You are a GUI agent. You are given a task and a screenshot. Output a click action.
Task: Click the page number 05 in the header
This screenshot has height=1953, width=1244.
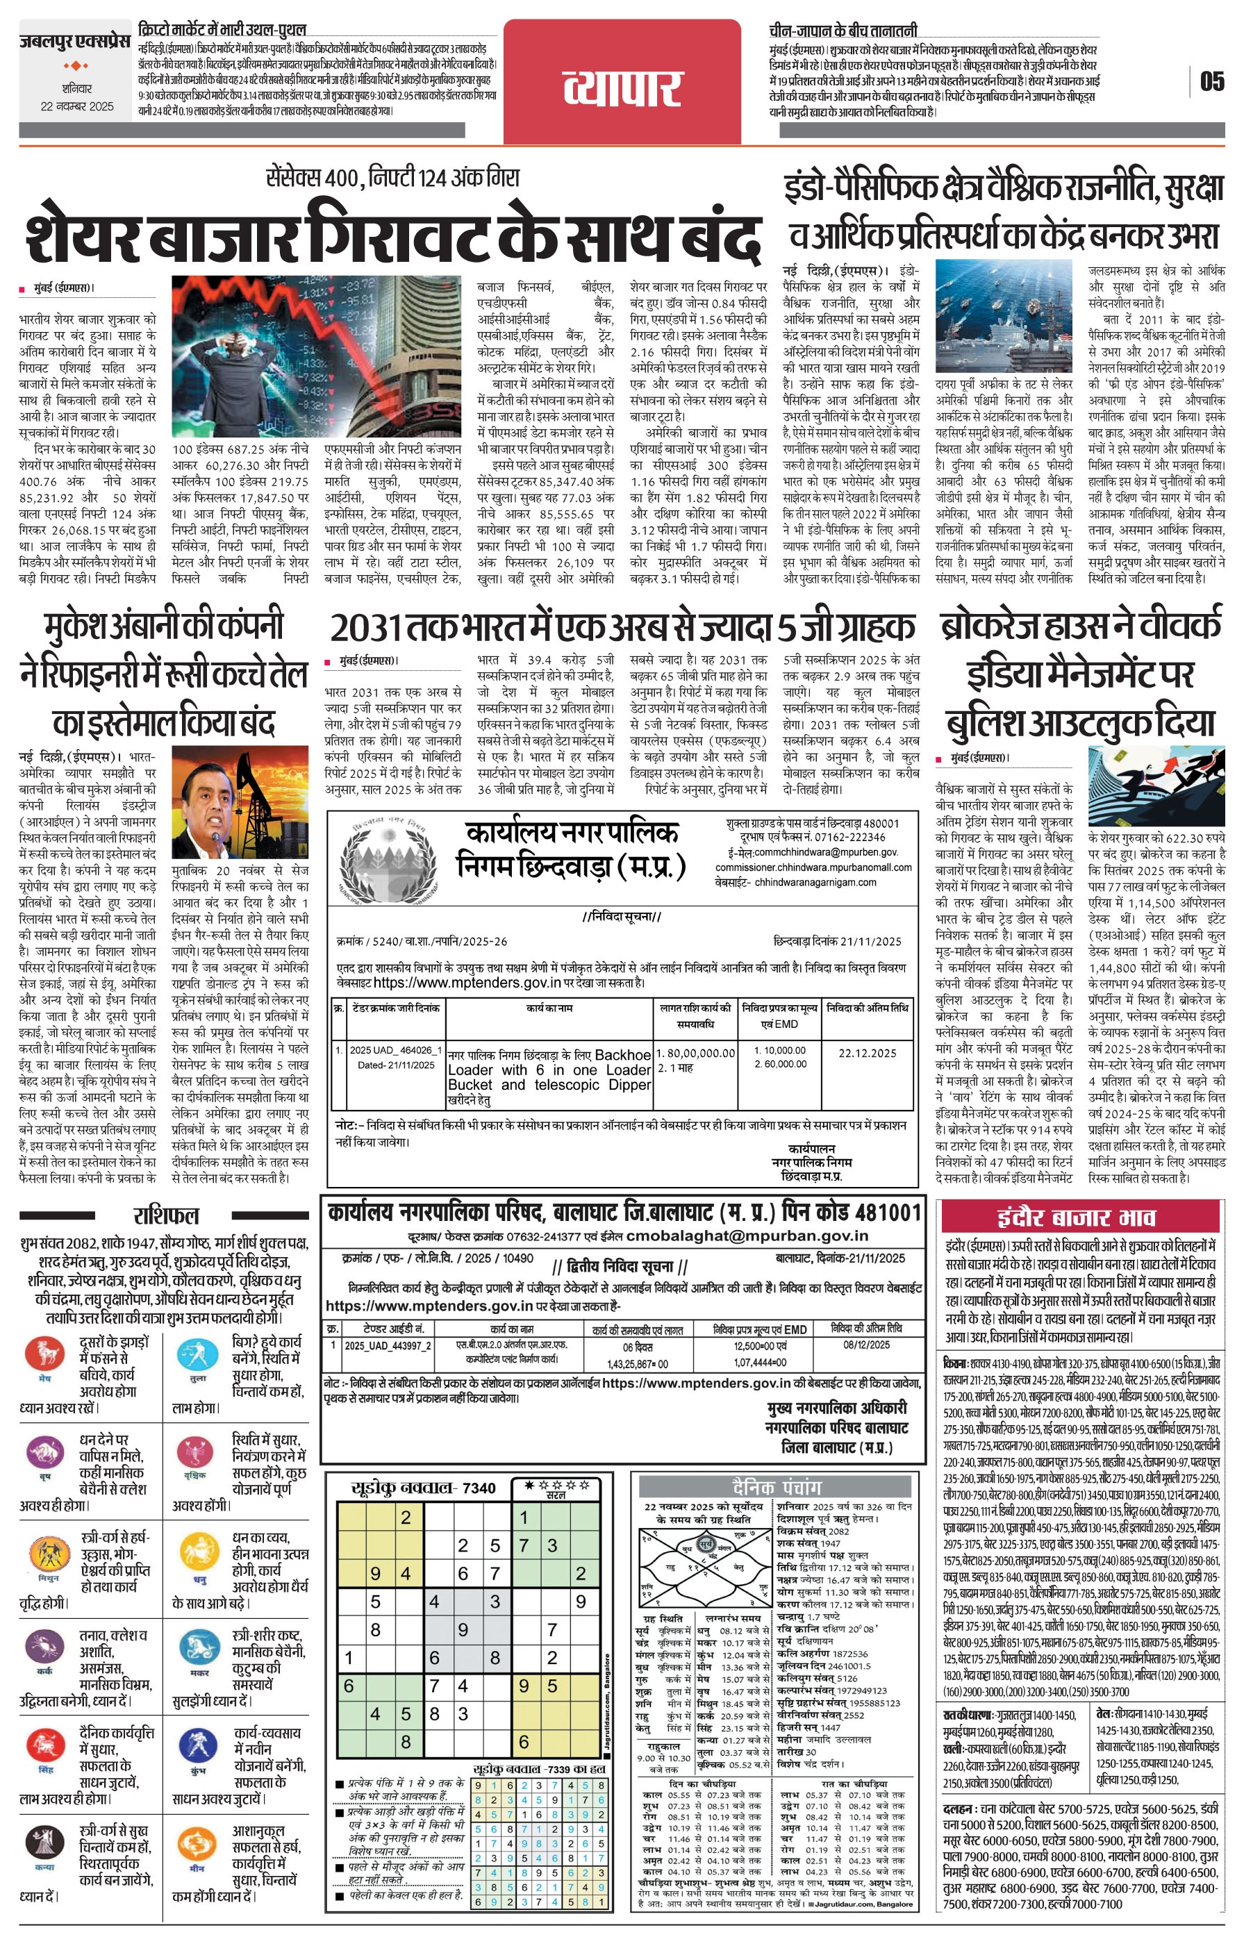click(1211, 81)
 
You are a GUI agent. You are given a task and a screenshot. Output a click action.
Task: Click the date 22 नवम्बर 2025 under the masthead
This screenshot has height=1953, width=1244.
click(78, 106)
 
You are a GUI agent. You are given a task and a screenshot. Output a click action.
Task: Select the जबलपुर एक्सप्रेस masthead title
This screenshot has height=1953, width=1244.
click(76, 40)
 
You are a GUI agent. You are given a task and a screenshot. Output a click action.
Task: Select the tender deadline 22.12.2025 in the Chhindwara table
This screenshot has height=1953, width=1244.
click(867, 1053)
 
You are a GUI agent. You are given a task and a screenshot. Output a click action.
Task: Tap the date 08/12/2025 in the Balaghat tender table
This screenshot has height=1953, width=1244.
click(866, 1344)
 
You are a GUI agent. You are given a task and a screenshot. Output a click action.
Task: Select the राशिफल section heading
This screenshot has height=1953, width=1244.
click(165, 1215)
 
